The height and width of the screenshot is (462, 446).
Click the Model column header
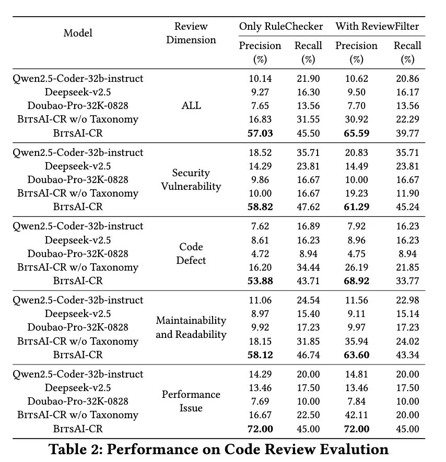(x=78, y=33)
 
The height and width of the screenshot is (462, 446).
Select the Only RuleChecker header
(x=281, y=26)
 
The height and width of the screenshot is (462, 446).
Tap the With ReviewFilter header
(x=377, y=26)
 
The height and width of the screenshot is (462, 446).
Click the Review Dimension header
(x=191, y=33)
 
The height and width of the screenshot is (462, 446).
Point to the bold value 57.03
(x=260, y=133)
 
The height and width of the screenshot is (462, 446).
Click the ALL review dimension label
(x=191, y=105)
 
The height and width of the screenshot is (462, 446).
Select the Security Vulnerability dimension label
(x=191, y=179)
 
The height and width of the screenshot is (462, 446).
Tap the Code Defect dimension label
(x=191, y=253)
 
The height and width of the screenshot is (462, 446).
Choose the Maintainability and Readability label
(x=191, y=327)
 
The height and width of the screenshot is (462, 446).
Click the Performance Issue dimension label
(x=191, y=401)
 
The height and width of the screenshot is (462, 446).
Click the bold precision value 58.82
(x=260, y=207)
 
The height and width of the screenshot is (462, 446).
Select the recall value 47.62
(x=308, y=207)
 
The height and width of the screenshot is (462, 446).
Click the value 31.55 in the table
(x=308, y=119)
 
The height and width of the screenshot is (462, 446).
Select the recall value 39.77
(x=407, y=133)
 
